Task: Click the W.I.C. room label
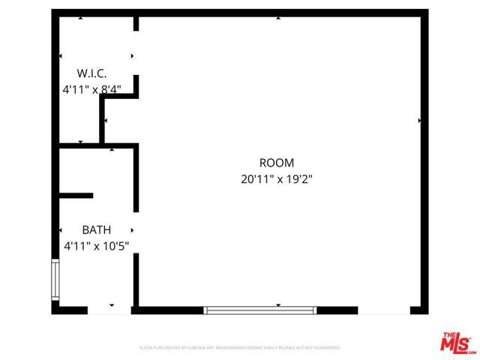point(91,73)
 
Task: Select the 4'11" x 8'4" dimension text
point(91,89)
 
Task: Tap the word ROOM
point(276,163)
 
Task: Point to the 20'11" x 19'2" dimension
point(276,179)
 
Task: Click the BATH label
point(96,229)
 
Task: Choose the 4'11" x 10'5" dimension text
point(96,245)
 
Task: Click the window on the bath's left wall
point(55,279)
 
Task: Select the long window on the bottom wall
point(260,309)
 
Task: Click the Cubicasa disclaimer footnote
point(240,348)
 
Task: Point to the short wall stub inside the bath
point(76,196)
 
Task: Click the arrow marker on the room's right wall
point(418,120)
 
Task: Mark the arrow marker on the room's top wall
point(278,17)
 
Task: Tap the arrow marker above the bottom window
point(278,304)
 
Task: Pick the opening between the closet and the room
point(136,54)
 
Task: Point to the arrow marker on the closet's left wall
point(61,56)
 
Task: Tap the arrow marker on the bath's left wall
point(61,229)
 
